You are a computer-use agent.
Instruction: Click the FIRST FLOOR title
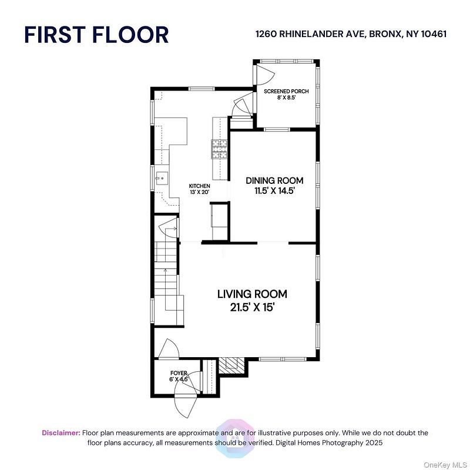tap(96, 35)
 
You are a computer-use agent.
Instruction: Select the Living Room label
tap(252, 294)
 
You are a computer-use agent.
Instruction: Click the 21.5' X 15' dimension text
tap(252, 307)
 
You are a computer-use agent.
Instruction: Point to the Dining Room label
tap(274, 180)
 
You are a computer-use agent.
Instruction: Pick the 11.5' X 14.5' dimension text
tap(274, 190)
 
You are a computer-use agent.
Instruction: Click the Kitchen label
tap(199, 186)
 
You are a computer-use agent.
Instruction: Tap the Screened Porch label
tap(286, 91)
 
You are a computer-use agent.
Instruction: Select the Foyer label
tap(179, 373)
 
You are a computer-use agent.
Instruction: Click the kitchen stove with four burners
tap(220, 149)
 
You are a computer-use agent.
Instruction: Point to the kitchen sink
tap(162, 179)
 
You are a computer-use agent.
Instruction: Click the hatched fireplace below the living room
tap(231, 365)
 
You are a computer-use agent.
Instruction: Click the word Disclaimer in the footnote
tap(61, 433)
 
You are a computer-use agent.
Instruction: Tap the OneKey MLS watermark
tap(445, 465)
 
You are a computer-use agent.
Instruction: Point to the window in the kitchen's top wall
tap(202, 89)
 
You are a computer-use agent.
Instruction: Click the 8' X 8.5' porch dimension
tap(286, 98)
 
